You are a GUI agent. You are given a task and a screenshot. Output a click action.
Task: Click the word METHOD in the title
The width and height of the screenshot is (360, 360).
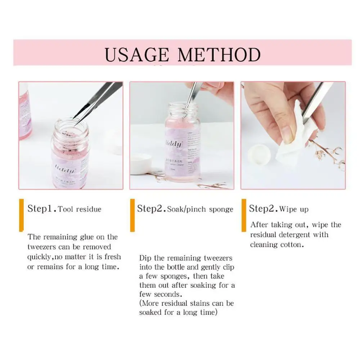pyautogui.click(x=219, y=55)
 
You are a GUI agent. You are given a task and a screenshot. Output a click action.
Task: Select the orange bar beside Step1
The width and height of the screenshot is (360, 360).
pyautogui.click(x=22, y=215)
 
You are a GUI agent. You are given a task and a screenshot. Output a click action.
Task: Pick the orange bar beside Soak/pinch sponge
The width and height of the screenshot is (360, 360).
pyautogui.click(x=132, y=215)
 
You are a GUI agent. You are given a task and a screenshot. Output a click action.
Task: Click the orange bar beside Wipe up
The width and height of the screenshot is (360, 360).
pyautogui.click(x=244, y=215)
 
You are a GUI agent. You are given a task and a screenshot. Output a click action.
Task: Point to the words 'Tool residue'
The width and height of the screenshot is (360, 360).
pyautogui.click(x=80, y=209)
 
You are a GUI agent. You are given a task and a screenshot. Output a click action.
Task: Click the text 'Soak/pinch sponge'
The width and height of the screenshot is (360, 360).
pyautogui.click(x=200, y=209)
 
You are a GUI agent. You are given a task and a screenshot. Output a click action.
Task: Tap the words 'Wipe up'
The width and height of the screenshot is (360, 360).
pyautogui.click(x=294, y=209)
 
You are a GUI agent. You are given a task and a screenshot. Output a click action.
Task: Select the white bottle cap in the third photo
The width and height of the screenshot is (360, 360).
pyautogui.click(x=259, y=154)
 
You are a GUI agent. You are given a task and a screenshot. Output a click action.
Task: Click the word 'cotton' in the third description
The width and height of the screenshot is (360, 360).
pyautogui.click(x=291, y=245)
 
